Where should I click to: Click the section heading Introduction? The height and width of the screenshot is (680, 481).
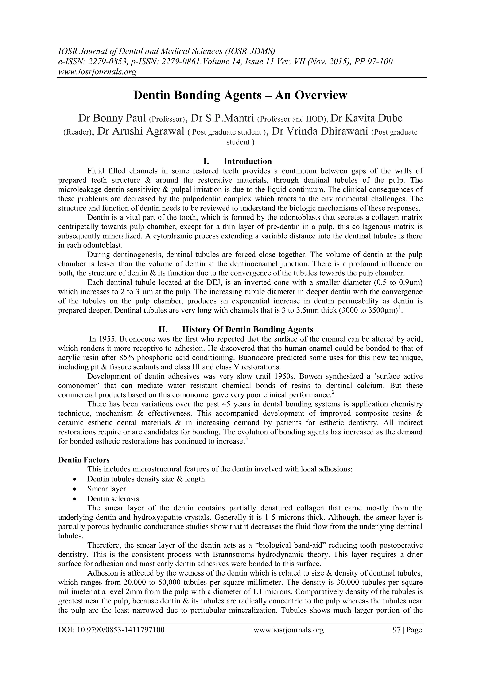(x=248, y=161)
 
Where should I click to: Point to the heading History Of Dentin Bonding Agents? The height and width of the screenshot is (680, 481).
(x=248, y=329)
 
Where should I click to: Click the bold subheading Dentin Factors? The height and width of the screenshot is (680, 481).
(x=84, y=460)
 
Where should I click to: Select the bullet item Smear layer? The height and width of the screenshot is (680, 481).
(x=107, y=489)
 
